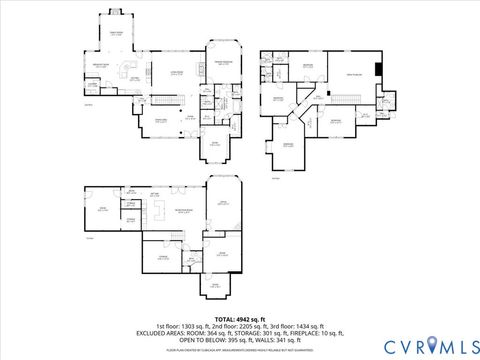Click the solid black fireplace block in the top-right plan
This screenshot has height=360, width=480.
tap(378, 70)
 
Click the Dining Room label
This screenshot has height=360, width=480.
tap(158, 121)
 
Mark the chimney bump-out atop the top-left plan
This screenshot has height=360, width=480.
tap(113, 13)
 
